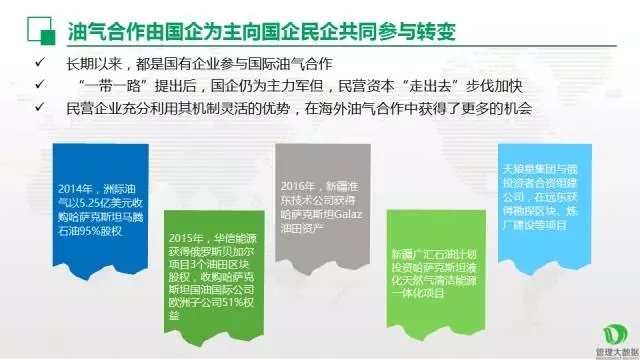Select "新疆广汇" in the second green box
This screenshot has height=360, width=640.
click(x=414, y=252)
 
